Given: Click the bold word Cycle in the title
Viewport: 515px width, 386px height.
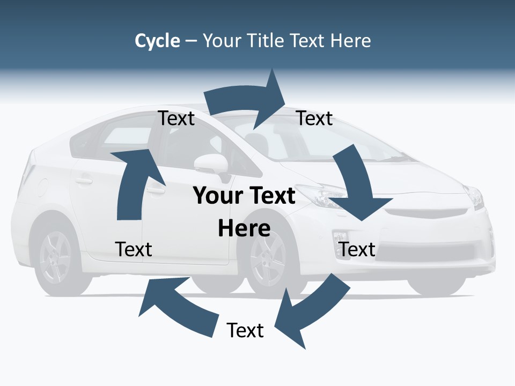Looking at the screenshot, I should [157, 41].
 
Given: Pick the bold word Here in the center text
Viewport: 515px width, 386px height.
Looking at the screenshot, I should [244, 229].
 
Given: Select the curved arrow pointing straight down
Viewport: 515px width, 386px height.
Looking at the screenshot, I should [358, 188].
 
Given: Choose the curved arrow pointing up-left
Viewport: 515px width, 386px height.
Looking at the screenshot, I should [177, 306].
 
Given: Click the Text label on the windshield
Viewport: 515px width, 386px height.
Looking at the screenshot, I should [315, 118].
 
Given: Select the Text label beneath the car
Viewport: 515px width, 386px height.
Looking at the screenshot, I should [245, 330].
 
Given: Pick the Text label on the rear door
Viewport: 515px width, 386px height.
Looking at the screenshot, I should [134, 249].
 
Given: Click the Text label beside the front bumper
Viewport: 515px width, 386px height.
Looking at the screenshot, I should [357, 249].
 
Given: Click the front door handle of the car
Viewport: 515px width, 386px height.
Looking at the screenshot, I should [156, 190].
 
